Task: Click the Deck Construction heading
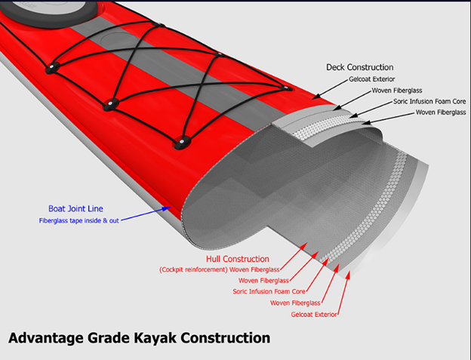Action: [x=359, y=67]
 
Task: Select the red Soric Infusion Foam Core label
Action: [x=269, y=291]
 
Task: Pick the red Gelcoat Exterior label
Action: [x=306, y=313]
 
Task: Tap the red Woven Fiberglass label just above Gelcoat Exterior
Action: [x=295, y=303]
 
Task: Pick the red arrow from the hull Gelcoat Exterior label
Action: [x=344, y=294]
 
